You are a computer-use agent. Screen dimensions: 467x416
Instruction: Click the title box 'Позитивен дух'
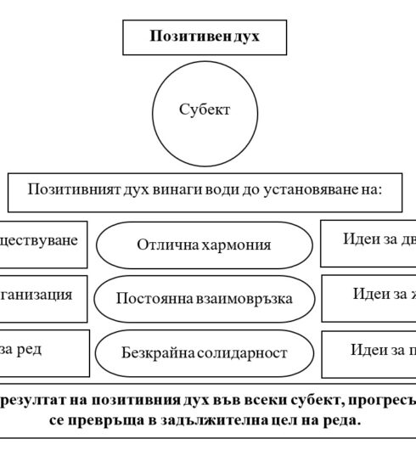click(205, 37)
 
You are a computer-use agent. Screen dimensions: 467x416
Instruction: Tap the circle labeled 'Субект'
click(205, 110)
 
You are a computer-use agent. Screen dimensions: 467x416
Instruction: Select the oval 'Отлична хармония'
click(204, 245)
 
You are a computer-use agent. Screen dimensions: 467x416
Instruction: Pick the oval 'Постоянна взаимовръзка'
click(204, 298)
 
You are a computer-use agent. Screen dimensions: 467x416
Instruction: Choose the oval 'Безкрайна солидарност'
click(204, 352)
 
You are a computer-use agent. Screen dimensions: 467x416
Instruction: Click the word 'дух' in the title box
click(245, 37)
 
